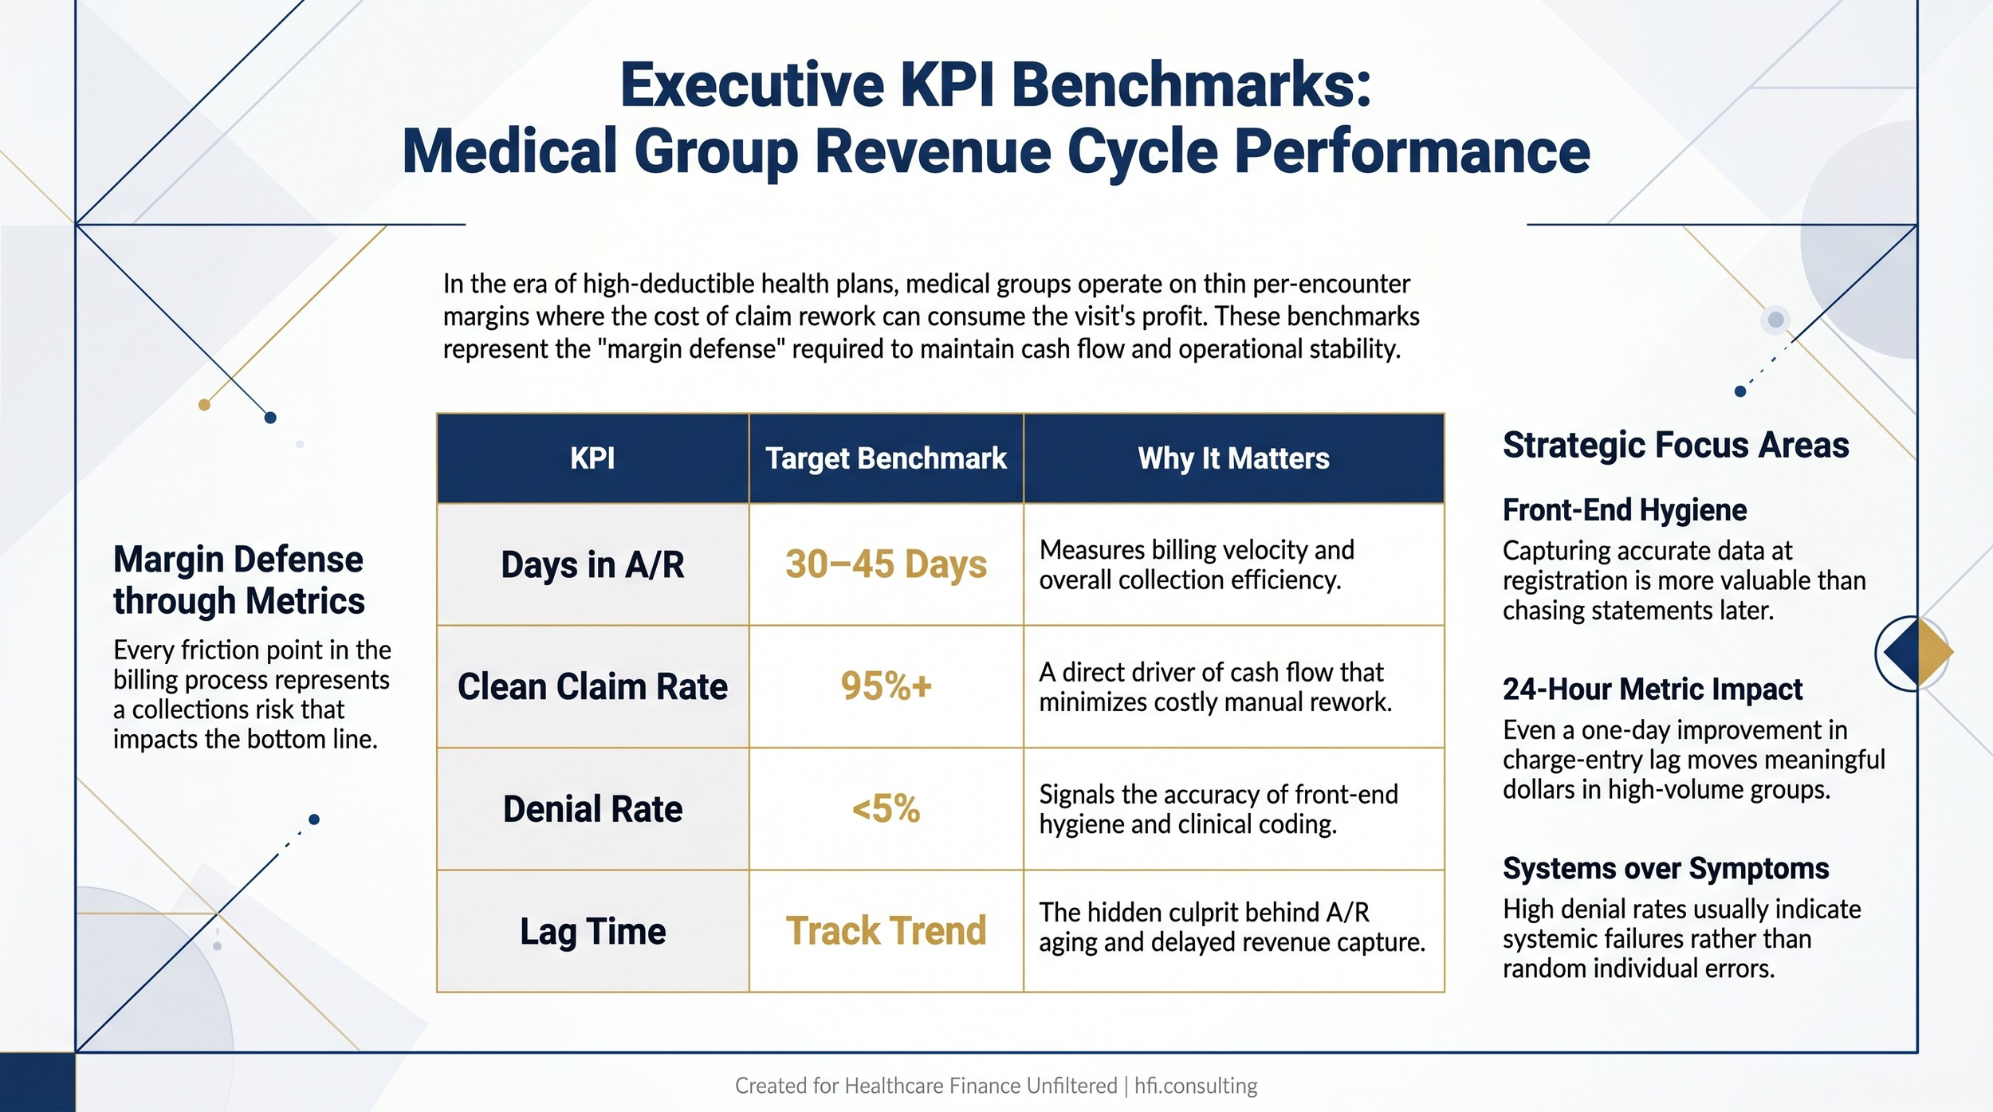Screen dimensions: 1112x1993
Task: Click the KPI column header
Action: [x=592, y=458]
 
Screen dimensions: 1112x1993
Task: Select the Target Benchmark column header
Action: [x=886, y=458]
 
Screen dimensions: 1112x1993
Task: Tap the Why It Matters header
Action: [x=1233, y=458]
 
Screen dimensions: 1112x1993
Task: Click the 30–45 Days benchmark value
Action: [x=886, y=564]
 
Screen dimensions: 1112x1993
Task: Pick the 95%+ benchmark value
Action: [x=886, y=686]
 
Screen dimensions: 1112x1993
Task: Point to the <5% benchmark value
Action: [x=886, y=809]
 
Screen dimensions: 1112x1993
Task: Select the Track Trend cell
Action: [x=886, y=931]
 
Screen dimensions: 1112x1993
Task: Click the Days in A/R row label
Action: [x=592, y=565]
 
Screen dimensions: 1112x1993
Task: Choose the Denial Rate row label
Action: [x=592, y=809]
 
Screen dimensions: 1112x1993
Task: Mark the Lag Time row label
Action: [x=592, y=931]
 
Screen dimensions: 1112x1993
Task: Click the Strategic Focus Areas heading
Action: [x=1675, y=445]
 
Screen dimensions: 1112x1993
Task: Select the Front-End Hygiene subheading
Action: [x=1624, y=510]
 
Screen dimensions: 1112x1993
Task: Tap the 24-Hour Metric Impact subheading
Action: [x=1652, y=690]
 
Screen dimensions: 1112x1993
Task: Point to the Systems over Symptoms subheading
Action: [x=1665, y=868]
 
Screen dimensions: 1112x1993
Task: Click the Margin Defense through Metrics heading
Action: [x=238, y=580]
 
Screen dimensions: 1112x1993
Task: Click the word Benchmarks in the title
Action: [x=1190, y=84]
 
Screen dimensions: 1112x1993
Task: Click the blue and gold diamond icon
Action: [x=1917, y=653]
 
